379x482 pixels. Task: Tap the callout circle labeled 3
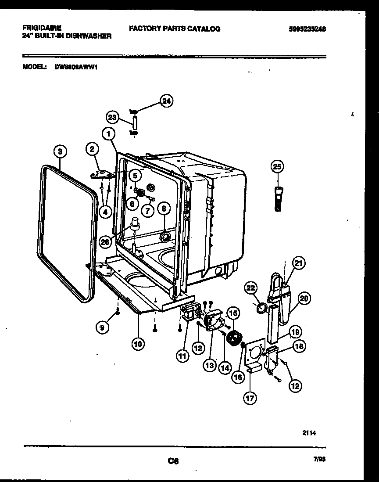pyautogui.click(x=61, y=151)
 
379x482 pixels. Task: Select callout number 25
pyautogui.click(x=277, y=166)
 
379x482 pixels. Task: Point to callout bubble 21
pyautogui.click(x=299, y=263)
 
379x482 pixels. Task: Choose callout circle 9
pyautogui.click(x=102, y=327)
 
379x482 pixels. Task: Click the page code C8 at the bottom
pyautogui.click(x=173, y=461)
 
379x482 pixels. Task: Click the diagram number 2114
pyautogui.click(x=309, y=432)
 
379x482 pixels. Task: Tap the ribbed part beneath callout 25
pyautogui.click(x=277, y=198)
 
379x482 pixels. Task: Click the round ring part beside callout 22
pyautogui.click(x=261, y=308)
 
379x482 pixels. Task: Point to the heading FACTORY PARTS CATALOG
pyautogui.click(x=175, y=29)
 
